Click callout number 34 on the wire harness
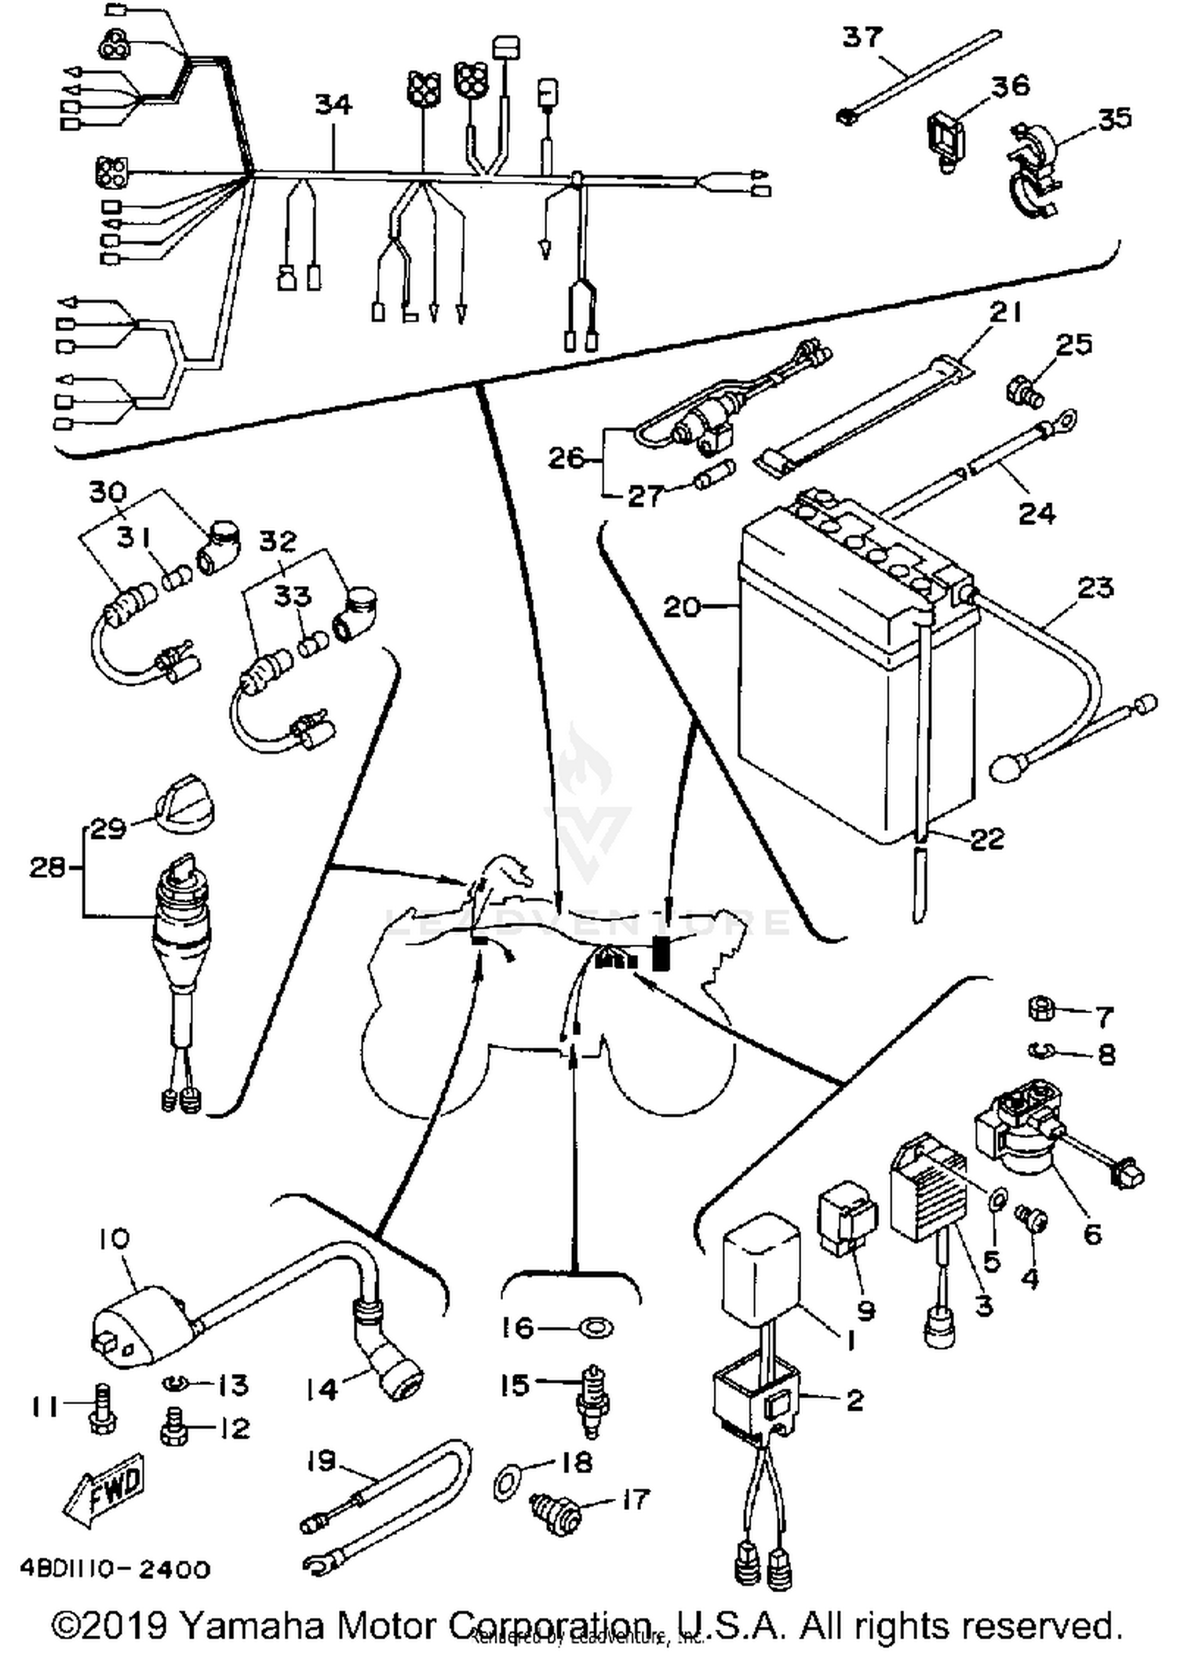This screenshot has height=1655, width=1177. [x=333, y=104]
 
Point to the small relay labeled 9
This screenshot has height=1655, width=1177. [x=846, y=1221]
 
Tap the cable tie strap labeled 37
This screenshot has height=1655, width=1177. [x=918, y=75]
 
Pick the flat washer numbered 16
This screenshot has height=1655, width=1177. [x=596, y=1328]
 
